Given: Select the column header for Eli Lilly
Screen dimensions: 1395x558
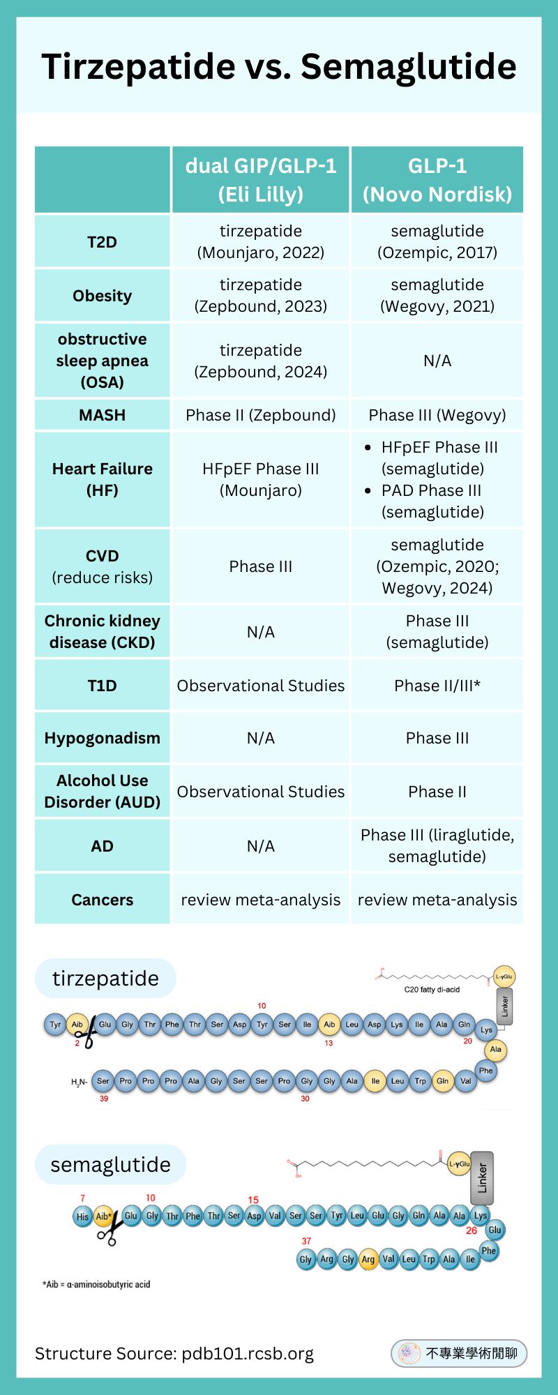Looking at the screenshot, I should pyautogui.click(x=261, y=180).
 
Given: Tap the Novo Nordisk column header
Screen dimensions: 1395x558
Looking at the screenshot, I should pyautogui.click(x=437, y=180).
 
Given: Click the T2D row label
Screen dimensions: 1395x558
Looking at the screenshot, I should pyautogui.click(x=102, y=242).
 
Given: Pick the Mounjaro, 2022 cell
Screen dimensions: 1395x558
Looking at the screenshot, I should pyautogui.click(x=261, y=242).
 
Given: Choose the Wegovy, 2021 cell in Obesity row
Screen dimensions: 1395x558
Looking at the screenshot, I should pyautogui.click(x=437, y=296).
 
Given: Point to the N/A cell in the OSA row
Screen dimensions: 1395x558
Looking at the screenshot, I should pyautogui.click(x=437, y=361).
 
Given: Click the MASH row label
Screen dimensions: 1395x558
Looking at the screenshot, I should pyautogui.click(x=102, y=415).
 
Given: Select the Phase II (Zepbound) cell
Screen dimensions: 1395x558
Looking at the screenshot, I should pyautogui.click(x=261, y=415).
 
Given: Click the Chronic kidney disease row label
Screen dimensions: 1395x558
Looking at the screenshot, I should pyautogui.click(x=102, y=631).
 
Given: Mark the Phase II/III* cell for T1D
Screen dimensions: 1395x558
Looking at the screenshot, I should pyautogui.click(x=437, y=686).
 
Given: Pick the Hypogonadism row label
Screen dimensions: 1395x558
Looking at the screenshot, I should pyautogui.click(x=102, y=738).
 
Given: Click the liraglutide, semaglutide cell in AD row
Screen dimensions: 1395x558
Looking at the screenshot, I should pyautogui.click(x=437, y=845).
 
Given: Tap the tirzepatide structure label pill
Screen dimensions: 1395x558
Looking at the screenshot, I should pyautogui.click(x=105, y=978).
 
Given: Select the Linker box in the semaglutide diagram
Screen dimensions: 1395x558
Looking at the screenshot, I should pyautogui.click(x=482, y=1178).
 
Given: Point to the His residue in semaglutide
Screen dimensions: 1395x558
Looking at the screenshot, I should pyautogui.click(x=82, y=1216).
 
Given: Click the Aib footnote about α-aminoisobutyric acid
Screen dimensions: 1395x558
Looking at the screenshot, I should pyautogui.click(x=96, y=1284).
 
